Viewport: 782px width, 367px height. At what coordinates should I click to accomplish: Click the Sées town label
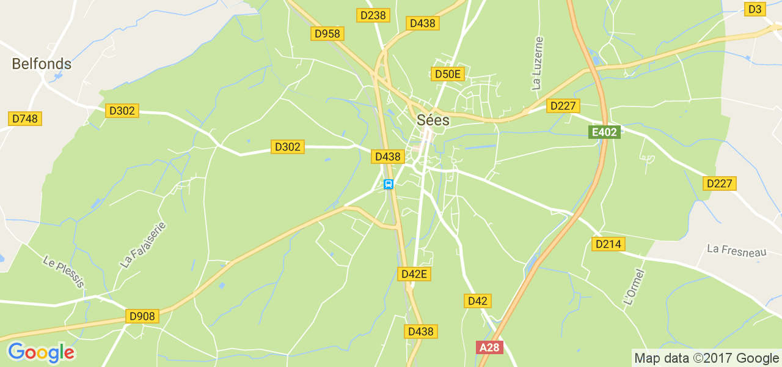coord(433,120)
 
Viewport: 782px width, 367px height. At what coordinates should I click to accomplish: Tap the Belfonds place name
coord(42,64)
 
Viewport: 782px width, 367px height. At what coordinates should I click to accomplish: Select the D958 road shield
coord(327,34)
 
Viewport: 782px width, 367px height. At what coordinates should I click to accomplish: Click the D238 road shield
coord(373,15)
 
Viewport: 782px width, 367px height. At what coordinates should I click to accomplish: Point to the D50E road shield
coord(448,75)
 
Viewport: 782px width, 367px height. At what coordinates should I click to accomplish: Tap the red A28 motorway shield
coord(489,347)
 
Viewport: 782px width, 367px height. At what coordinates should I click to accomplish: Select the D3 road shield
coord(756,9)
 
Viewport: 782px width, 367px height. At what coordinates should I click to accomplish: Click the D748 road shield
coord(25,119)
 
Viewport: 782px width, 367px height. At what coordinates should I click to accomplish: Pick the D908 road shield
coord(143,316)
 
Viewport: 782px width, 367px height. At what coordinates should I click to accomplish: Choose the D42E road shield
coord(414,274)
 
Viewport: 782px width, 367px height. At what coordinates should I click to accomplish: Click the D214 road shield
coord(608,244)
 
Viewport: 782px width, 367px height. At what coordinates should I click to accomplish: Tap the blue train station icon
coord(388,184)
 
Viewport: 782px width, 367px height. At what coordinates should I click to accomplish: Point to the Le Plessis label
coord(63,271)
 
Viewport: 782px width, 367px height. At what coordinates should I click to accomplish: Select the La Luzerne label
coord(537,63)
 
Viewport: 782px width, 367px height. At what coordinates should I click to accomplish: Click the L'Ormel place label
coord(634,287)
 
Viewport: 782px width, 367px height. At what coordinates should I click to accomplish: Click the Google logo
coord(41,352)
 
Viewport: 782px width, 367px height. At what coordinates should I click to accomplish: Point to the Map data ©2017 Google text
coord(706,358)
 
